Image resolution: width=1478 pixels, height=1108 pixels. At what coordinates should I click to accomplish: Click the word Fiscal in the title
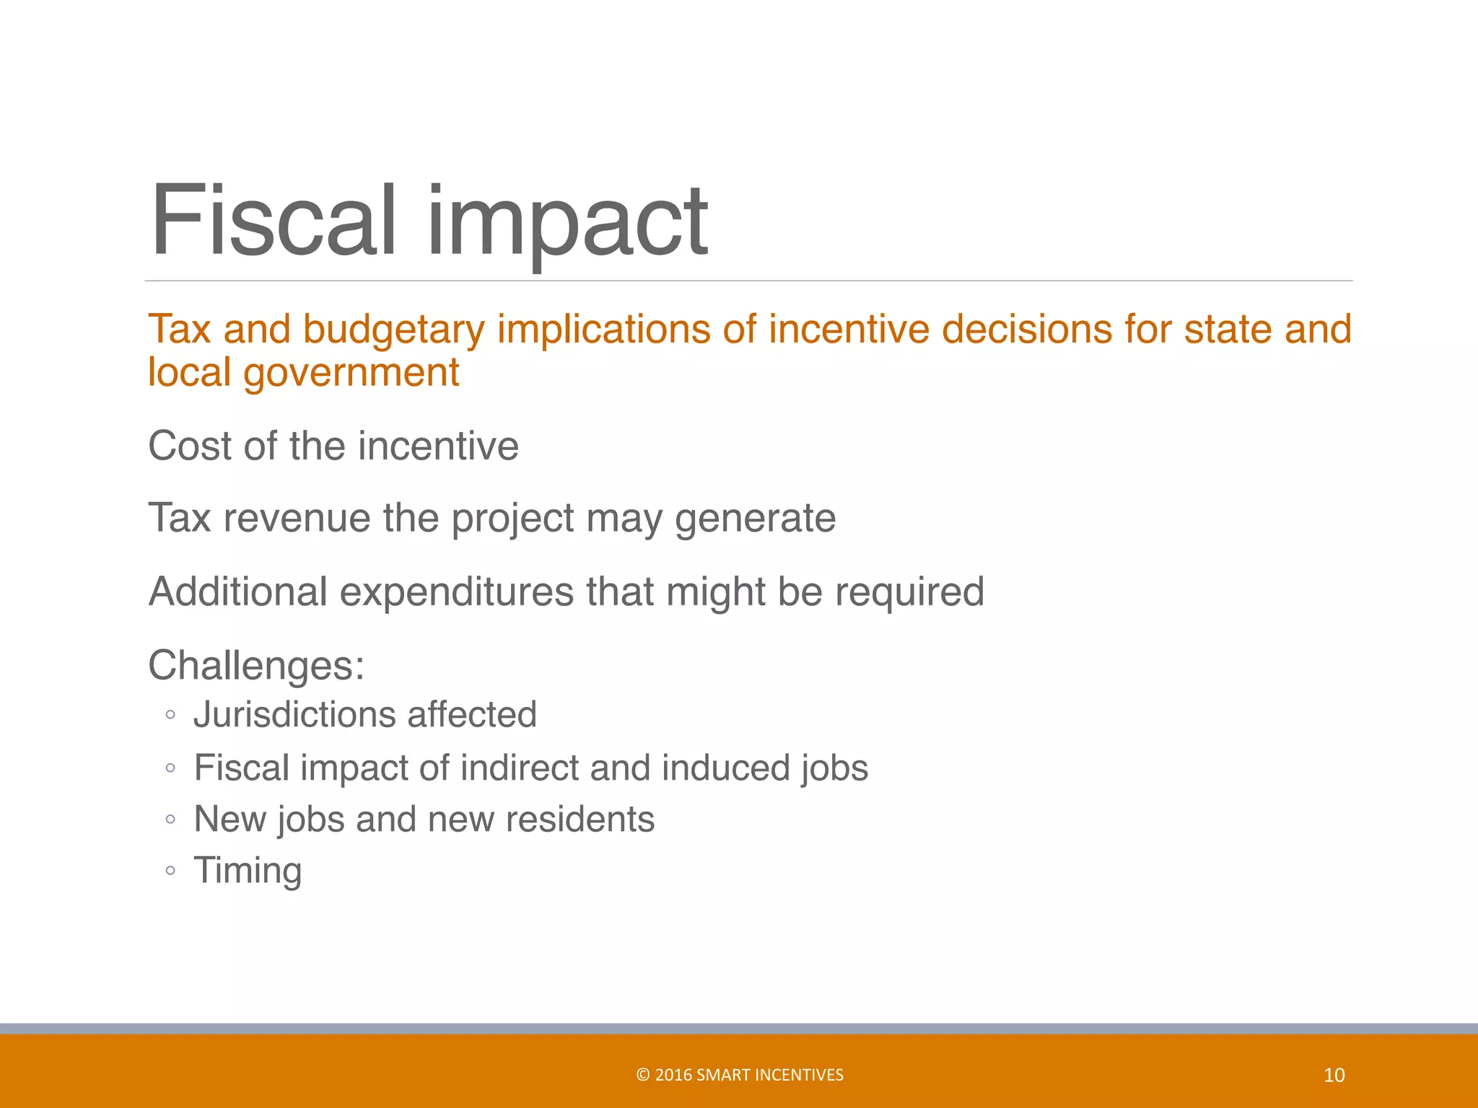coord(274,220)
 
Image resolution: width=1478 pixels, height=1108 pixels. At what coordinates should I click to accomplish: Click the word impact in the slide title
coord(567,224)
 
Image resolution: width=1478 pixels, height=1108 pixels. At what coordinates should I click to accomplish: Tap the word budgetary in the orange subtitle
coord(393,330)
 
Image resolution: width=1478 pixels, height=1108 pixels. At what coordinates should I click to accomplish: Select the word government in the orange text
coord(351,374)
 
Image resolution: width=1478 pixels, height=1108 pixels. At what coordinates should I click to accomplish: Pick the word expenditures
coord(457,593)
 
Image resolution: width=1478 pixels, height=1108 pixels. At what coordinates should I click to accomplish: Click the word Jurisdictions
coord(294,715)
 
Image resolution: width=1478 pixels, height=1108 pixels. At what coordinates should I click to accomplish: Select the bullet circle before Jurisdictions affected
coord(170,716)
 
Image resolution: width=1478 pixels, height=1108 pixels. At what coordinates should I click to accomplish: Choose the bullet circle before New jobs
coord(170,820)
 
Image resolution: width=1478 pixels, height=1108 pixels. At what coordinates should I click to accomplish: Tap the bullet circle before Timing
coord(170,871)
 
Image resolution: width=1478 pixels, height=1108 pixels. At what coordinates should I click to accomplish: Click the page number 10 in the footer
coord(1334,1076)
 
